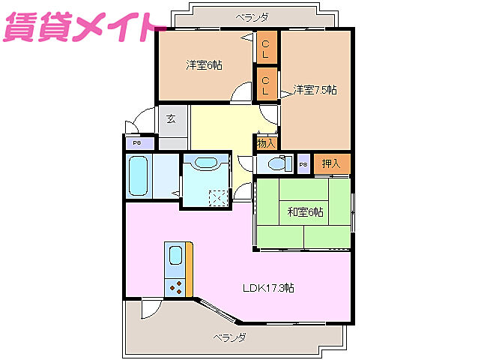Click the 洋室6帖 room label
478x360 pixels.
coord(204,65)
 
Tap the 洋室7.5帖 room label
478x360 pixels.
coord(315,90)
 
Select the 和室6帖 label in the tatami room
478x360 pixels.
coord(305,212)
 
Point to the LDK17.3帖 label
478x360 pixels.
coord(267,288)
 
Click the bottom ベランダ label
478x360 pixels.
coord(229,337)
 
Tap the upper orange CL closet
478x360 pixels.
coord(265,49)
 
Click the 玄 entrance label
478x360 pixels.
coord(172,118)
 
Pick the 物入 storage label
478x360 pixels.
coord(266,142)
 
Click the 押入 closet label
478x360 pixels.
coord(330,163)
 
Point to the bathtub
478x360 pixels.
coord(139,176)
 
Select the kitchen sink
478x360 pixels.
coord(175,256)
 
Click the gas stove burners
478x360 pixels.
coord(176,286)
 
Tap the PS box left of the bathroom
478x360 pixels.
coord(138,143)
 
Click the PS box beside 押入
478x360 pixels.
coord(303,164)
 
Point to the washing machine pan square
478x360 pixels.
coord(218,196)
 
